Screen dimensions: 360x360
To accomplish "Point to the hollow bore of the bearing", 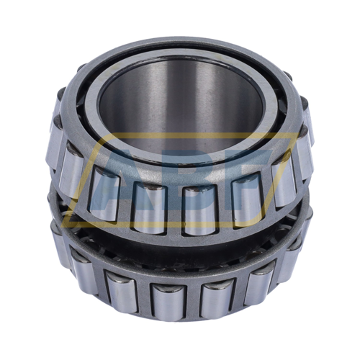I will coord(184,108).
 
